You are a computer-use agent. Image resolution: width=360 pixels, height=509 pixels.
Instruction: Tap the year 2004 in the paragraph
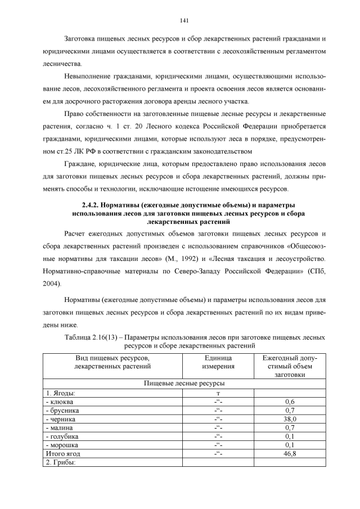(51, 285)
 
